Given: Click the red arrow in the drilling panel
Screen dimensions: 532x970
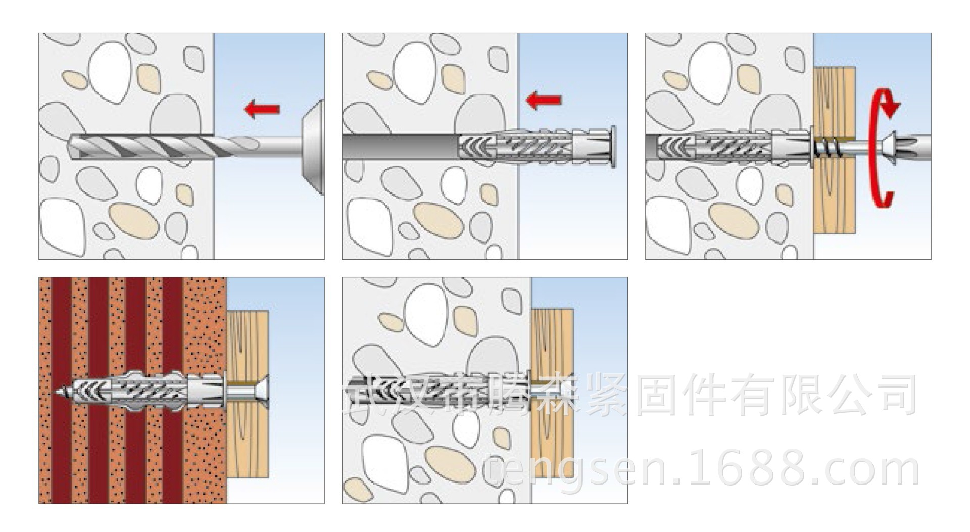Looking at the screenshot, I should [x=262, y=109].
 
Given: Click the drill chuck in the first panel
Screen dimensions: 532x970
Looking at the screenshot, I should [x=312, y=147].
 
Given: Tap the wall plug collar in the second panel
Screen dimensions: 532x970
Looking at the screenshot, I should [x=613, y=147].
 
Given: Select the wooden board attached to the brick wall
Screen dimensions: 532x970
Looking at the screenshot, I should [x=248, y=434].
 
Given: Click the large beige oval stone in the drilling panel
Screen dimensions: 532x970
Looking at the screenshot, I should [x=134, y=220].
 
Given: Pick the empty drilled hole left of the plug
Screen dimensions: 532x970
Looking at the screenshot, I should [x=399, y=147].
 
